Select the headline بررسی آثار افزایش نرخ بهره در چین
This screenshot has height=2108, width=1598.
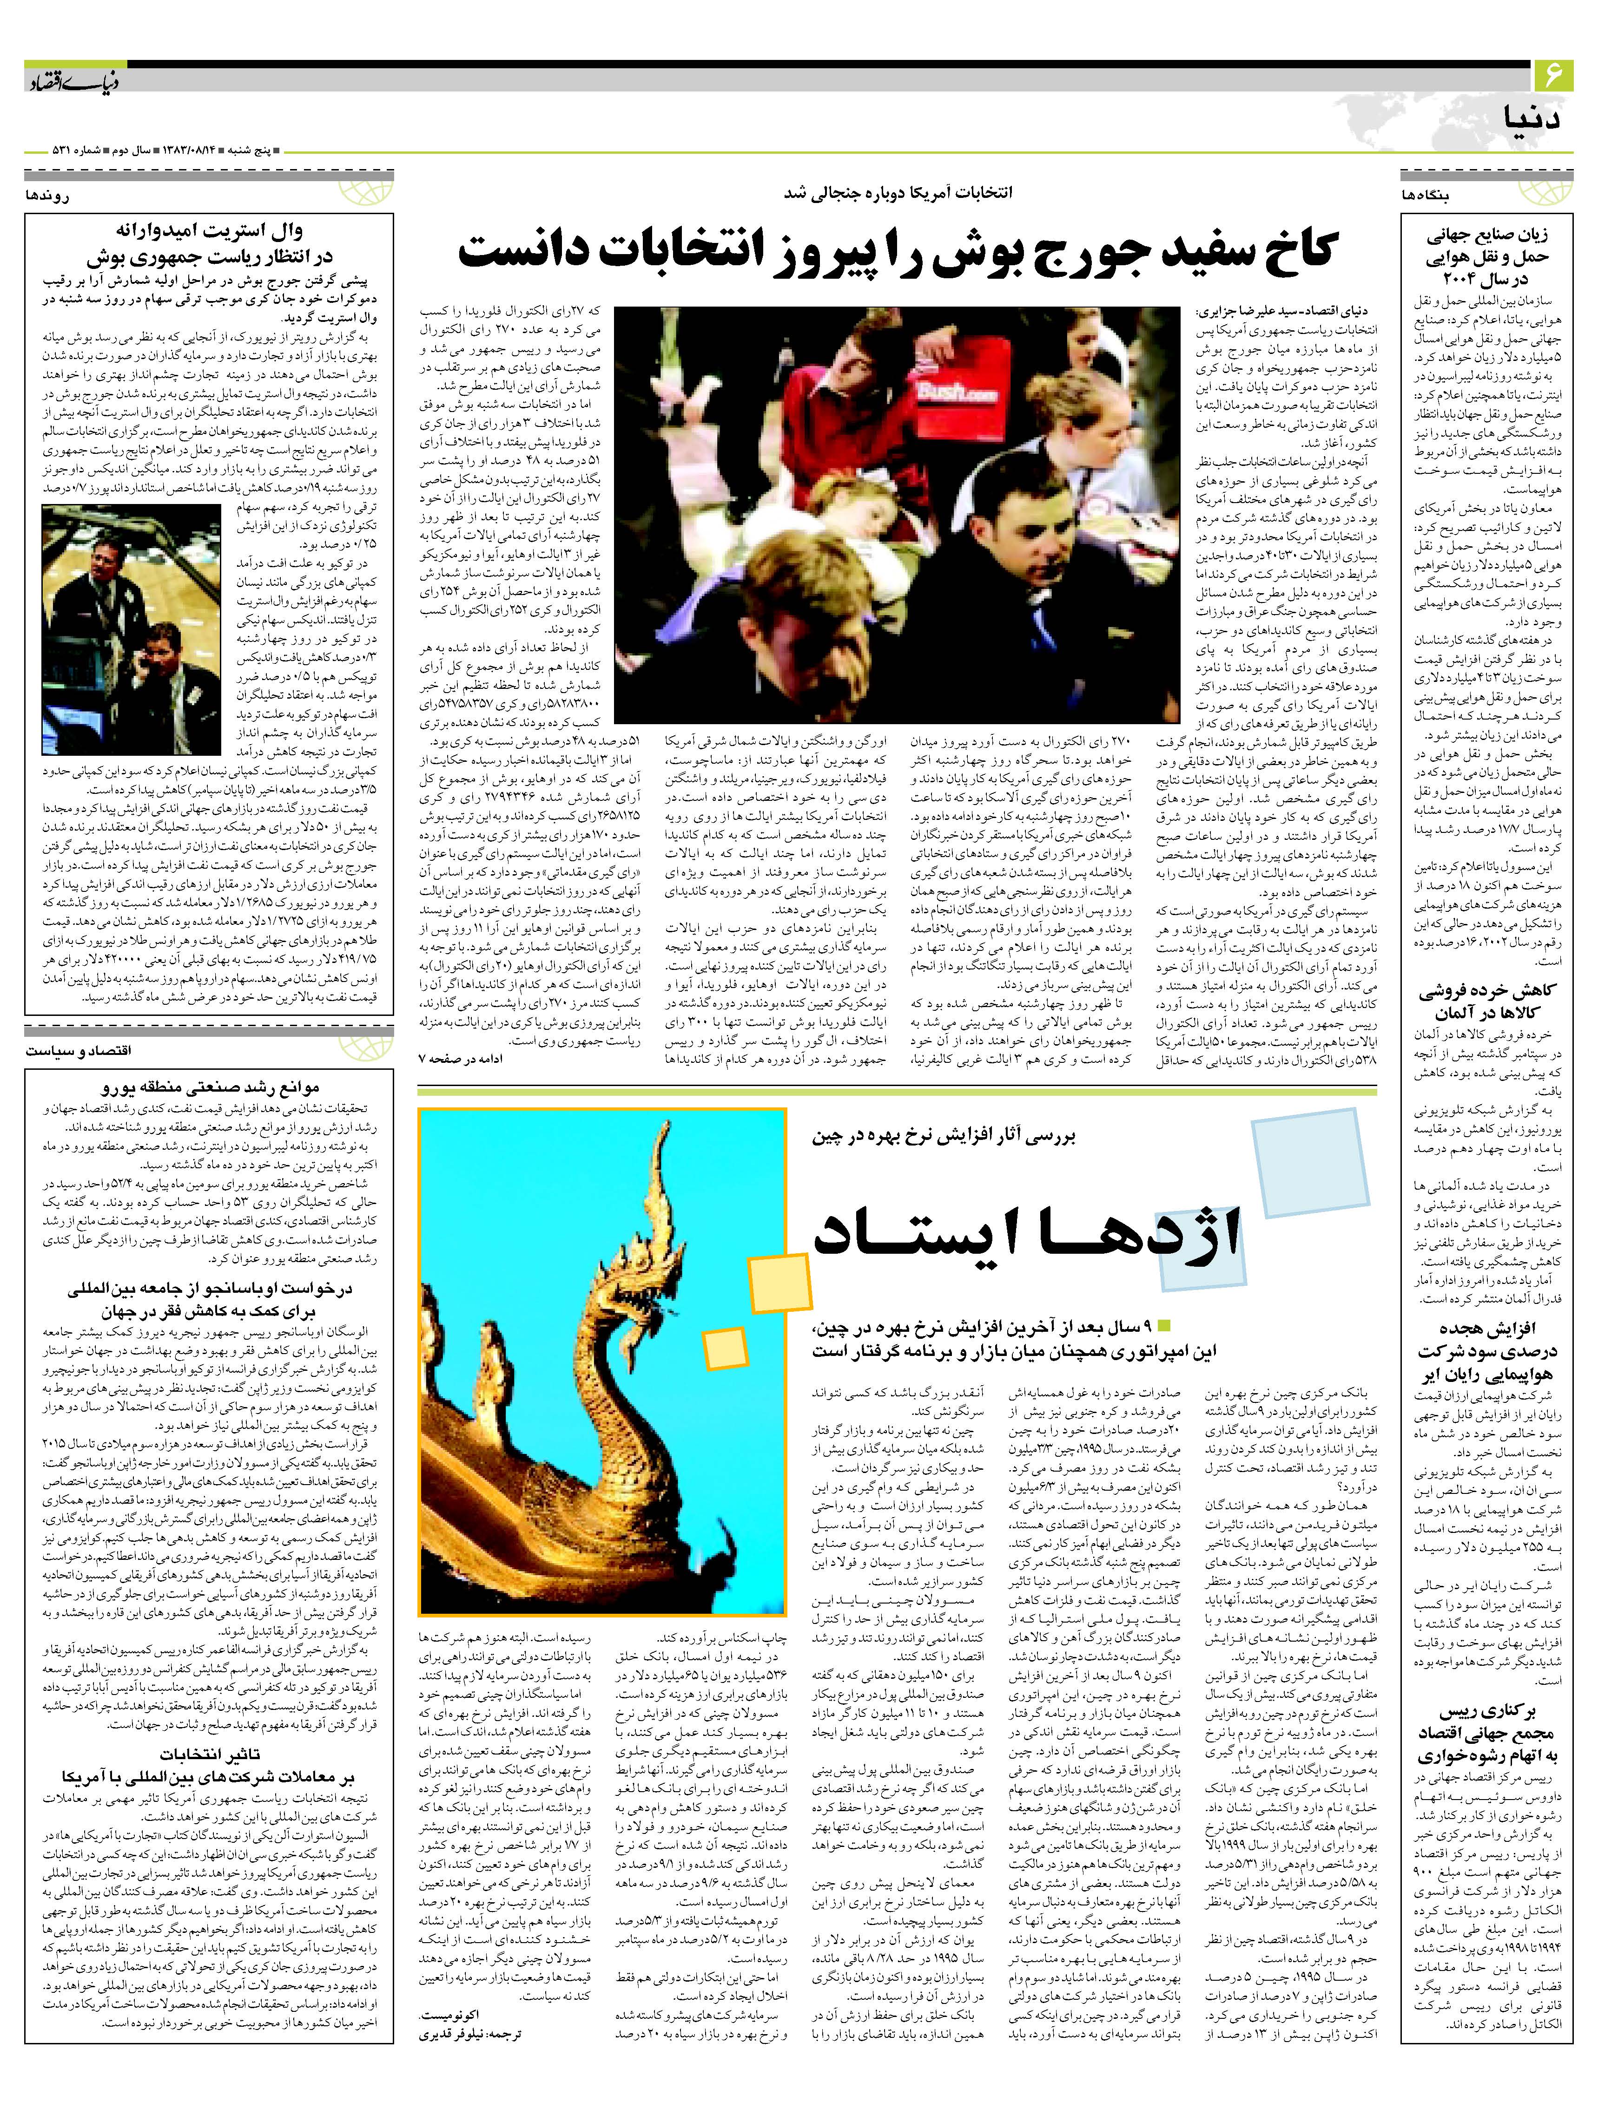(944, 1136)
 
